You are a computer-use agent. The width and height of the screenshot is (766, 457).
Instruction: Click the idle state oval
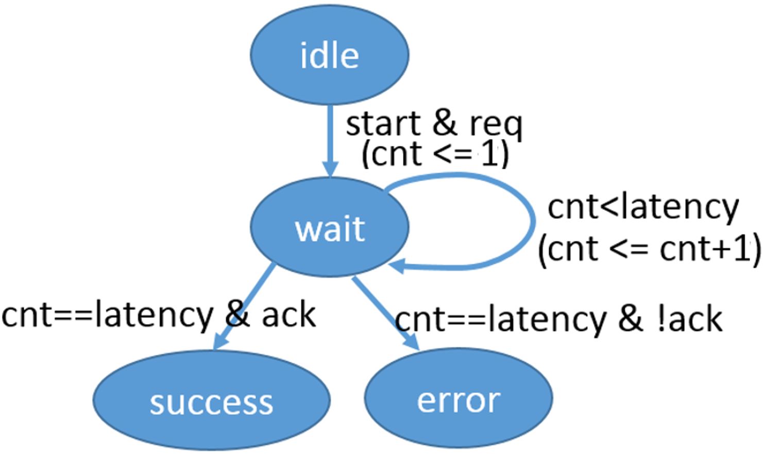point(330,55)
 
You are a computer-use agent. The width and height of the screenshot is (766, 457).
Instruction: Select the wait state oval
point(330,227)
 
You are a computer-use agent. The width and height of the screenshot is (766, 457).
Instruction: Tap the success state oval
point(212,400)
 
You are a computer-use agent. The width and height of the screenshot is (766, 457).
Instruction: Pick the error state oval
point(458,398)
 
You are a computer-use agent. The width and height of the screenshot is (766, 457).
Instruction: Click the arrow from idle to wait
point(330,141)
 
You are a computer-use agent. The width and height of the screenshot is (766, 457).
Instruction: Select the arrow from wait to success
point(244,306)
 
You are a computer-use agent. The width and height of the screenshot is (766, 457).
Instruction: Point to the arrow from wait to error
point(386,313)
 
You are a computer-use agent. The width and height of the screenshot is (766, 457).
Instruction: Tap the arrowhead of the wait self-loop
point(397,266)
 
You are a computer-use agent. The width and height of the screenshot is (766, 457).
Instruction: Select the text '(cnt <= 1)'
point(435,154)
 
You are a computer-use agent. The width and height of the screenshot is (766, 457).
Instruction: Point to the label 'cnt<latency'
point(643,208)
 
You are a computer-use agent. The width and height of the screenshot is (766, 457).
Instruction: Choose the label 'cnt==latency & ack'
point(159,315)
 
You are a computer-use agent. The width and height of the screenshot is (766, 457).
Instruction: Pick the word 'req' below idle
point(497,126)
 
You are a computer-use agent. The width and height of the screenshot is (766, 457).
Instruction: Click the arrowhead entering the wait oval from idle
point(330,169)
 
